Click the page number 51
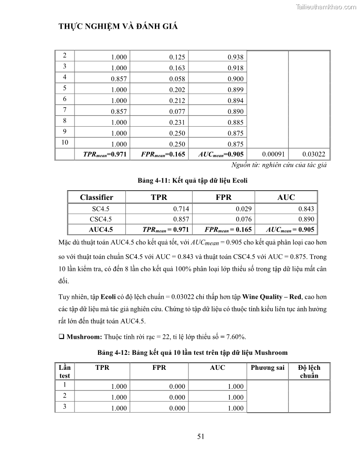(x=201, y=437)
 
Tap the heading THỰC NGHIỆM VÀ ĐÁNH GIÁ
(x=118, y=26)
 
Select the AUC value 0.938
(x=236, y=57)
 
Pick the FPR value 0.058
(x=177, y=79)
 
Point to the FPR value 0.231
(x=177, y=122)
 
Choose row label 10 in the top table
(x=65, y=143)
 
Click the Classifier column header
(x=97, y=197)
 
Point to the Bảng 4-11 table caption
(x=192, y=180)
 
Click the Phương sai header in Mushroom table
(x=267, y=368)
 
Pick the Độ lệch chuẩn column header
(x=309, y=372)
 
